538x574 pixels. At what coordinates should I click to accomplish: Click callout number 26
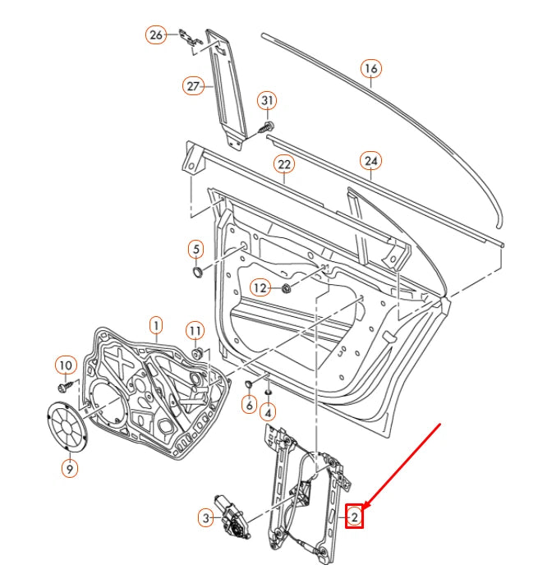[156, 34]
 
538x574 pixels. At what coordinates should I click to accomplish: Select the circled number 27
[194, 86]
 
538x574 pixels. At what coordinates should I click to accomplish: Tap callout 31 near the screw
[267, 101]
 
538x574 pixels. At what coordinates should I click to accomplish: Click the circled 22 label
[284, 165]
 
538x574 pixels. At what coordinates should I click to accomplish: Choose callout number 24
[370, 160]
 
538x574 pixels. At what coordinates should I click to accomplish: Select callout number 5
[195, 248]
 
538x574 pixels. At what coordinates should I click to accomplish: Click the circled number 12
[260, 287]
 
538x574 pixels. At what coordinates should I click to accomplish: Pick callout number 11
[194, 330]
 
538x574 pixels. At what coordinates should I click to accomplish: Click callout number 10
[65, 364]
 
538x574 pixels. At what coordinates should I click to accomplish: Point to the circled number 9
[70, 469]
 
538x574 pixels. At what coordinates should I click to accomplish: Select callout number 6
[248, 404]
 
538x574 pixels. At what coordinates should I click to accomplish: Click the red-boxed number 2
[354, 517]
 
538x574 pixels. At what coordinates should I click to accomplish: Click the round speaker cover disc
[67, 426]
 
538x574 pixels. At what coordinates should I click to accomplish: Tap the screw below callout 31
[267, 126]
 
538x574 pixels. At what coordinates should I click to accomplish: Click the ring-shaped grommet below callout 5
[198, 271]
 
